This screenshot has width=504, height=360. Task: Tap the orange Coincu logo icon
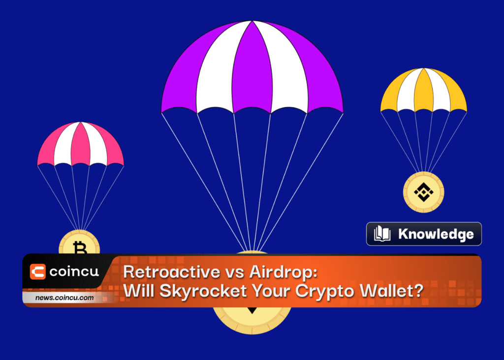coord(37,271)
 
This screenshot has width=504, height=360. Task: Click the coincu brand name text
coord(74,272)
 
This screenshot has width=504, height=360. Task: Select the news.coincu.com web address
coord(64,297)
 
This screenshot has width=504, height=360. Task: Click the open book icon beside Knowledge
coord(382,233)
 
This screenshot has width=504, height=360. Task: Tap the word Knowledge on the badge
coord(436,234)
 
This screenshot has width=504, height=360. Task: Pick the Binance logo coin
coord(423,192)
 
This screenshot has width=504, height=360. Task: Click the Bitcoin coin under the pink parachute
coord(79,242)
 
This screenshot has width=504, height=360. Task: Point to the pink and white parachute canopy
coord(80,144)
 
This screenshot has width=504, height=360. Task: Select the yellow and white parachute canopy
coord(424,90)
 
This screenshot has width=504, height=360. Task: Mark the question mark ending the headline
coord(418,290)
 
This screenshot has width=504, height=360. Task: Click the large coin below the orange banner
coord(252,320)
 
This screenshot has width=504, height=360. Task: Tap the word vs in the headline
coord(235,273)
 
